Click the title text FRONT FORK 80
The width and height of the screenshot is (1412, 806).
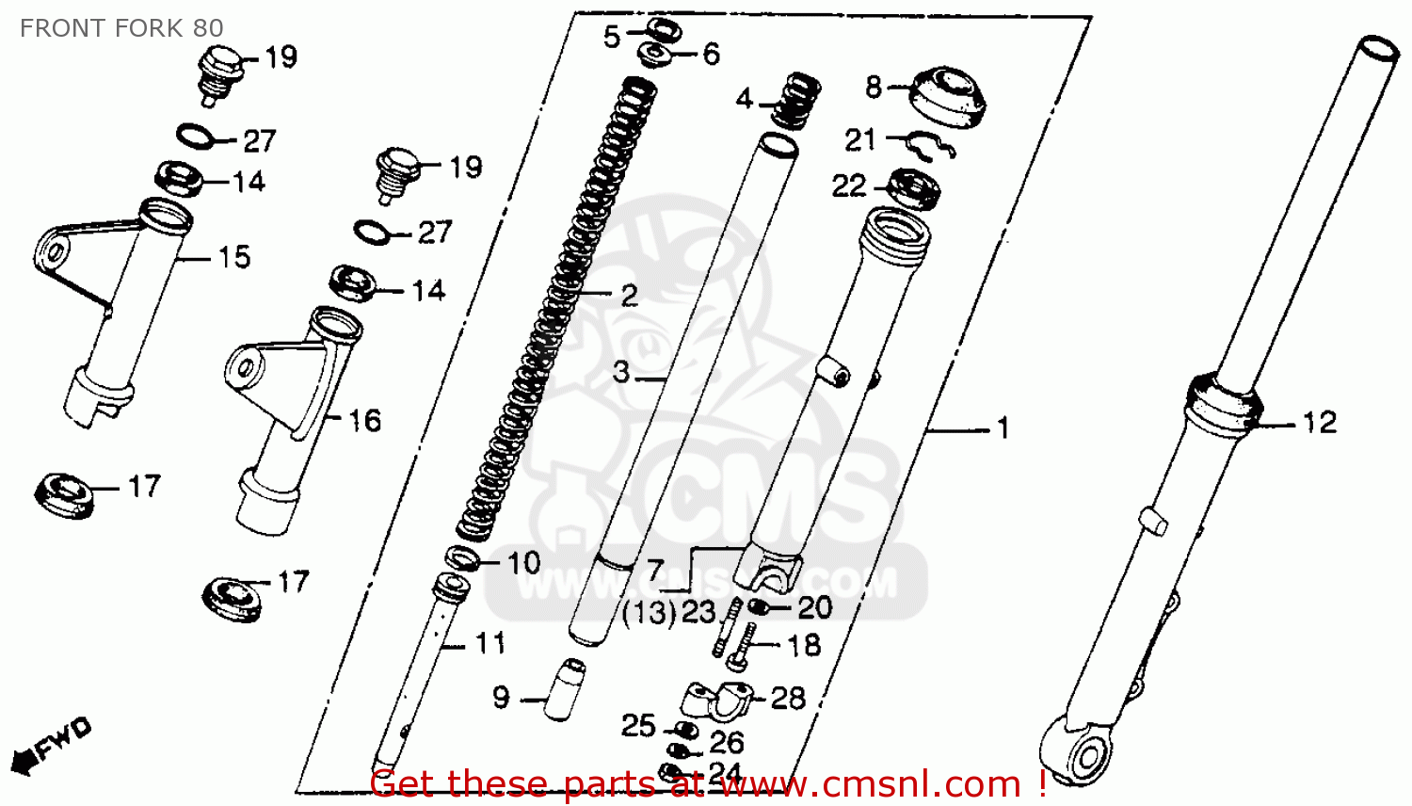click(121, 28)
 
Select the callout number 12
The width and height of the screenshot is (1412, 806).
click(1319, 423)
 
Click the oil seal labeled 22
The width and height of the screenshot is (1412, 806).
click(914, 188)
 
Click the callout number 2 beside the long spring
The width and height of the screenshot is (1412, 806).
click(629, 296)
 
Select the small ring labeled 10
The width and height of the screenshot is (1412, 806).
click(462, 559)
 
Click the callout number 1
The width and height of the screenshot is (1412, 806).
click(1003, 429)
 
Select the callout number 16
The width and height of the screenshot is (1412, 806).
click(365, 420)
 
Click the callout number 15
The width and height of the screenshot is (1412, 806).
click(234, 257)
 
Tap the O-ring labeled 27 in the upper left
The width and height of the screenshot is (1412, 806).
click(196, 136)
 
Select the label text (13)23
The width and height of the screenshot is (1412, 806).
click(669, 613)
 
